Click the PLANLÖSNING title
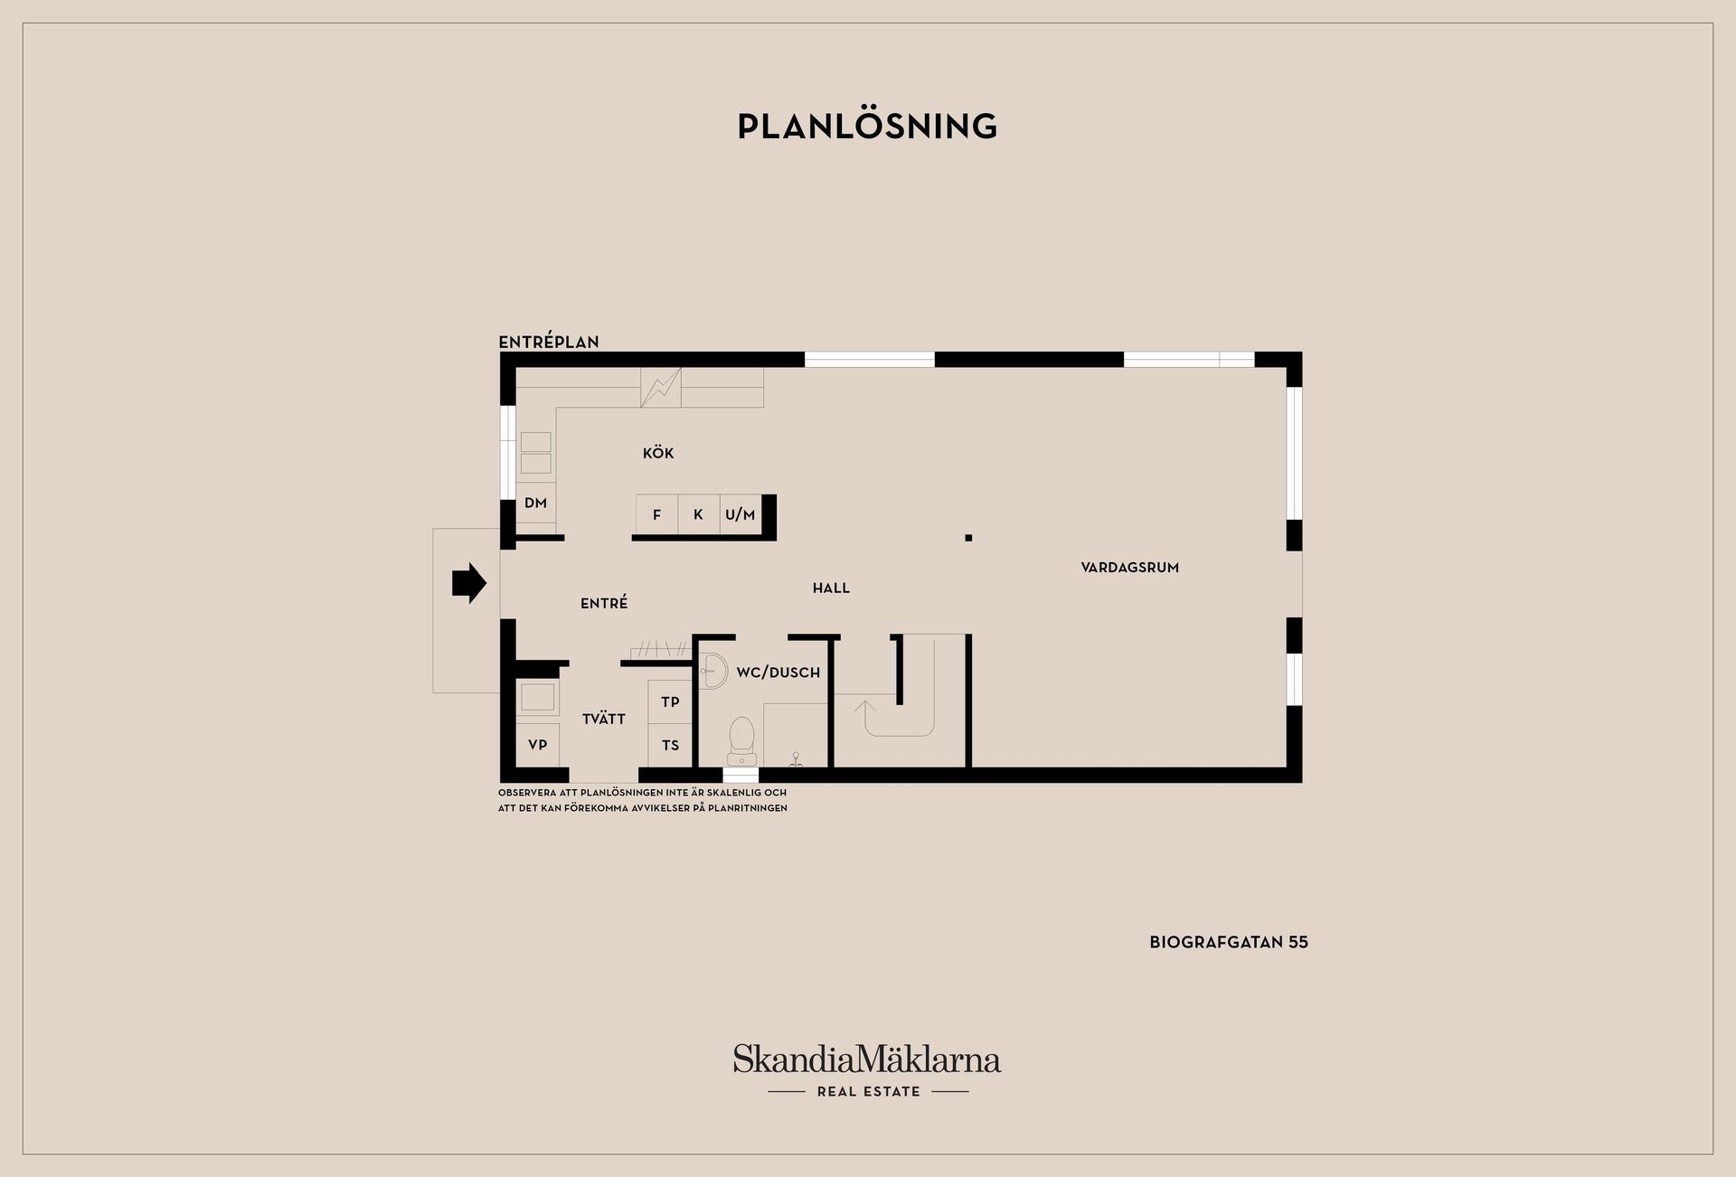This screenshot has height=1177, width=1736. pos(867,126)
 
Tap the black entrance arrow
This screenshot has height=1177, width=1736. pos(469,583)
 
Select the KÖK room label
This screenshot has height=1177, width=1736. pos(658,453)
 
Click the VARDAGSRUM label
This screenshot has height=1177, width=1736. pos(1129,568)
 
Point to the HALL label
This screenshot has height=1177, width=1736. pos(831,588)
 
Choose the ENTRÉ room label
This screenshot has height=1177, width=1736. pos(604,603)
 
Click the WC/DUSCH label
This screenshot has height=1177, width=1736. pos(778,673)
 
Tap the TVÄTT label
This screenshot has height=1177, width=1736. pos(604,719)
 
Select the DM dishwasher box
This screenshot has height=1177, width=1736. pos(536,504)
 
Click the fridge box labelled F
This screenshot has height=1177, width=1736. pos(657,514)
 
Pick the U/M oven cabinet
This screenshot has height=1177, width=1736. pos(741,514)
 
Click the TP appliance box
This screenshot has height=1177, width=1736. pos(670,702)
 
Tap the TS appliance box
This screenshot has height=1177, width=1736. pos(670,746)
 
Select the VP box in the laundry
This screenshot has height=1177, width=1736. pos(538,746)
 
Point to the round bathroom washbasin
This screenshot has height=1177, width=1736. pos(714,671)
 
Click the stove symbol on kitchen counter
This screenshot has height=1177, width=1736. pos(661,387)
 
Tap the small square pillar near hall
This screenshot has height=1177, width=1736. pos(968,538)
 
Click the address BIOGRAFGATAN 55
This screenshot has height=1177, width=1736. pos(1229,942)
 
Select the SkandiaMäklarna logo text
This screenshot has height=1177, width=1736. pos(867,1059)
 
